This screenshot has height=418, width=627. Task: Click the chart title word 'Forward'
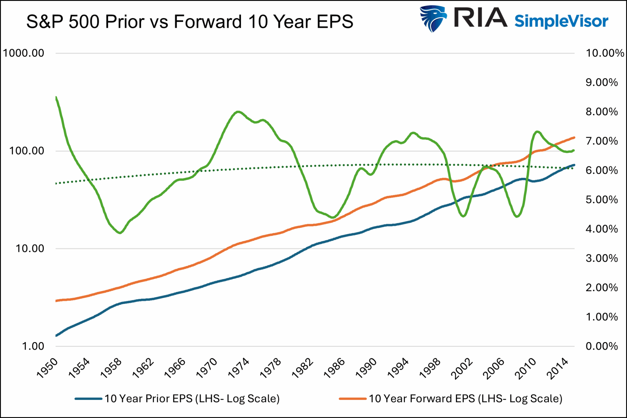208,22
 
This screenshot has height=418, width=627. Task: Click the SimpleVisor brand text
561,21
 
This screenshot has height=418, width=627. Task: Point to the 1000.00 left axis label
24,53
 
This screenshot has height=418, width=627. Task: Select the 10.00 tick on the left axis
30,248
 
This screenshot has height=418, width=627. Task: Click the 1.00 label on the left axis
33,346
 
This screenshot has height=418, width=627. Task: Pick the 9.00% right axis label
602,83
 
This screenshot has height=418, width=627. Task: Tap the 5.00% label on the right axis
602,200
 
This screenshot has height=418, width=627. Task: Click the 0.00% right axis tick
602,346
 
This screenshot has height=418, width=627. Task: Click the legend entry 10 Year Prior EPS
192,399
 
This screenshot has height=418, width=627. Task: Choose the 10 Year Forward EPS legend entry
465,399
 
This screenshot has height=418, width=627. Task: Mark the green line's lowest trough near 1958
120,233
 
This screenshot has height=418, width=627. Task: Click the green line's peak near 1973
238,112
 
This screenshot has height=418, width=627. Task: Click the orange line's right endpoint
574,138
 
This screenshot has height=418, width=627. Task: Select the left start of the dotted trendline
56,183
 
